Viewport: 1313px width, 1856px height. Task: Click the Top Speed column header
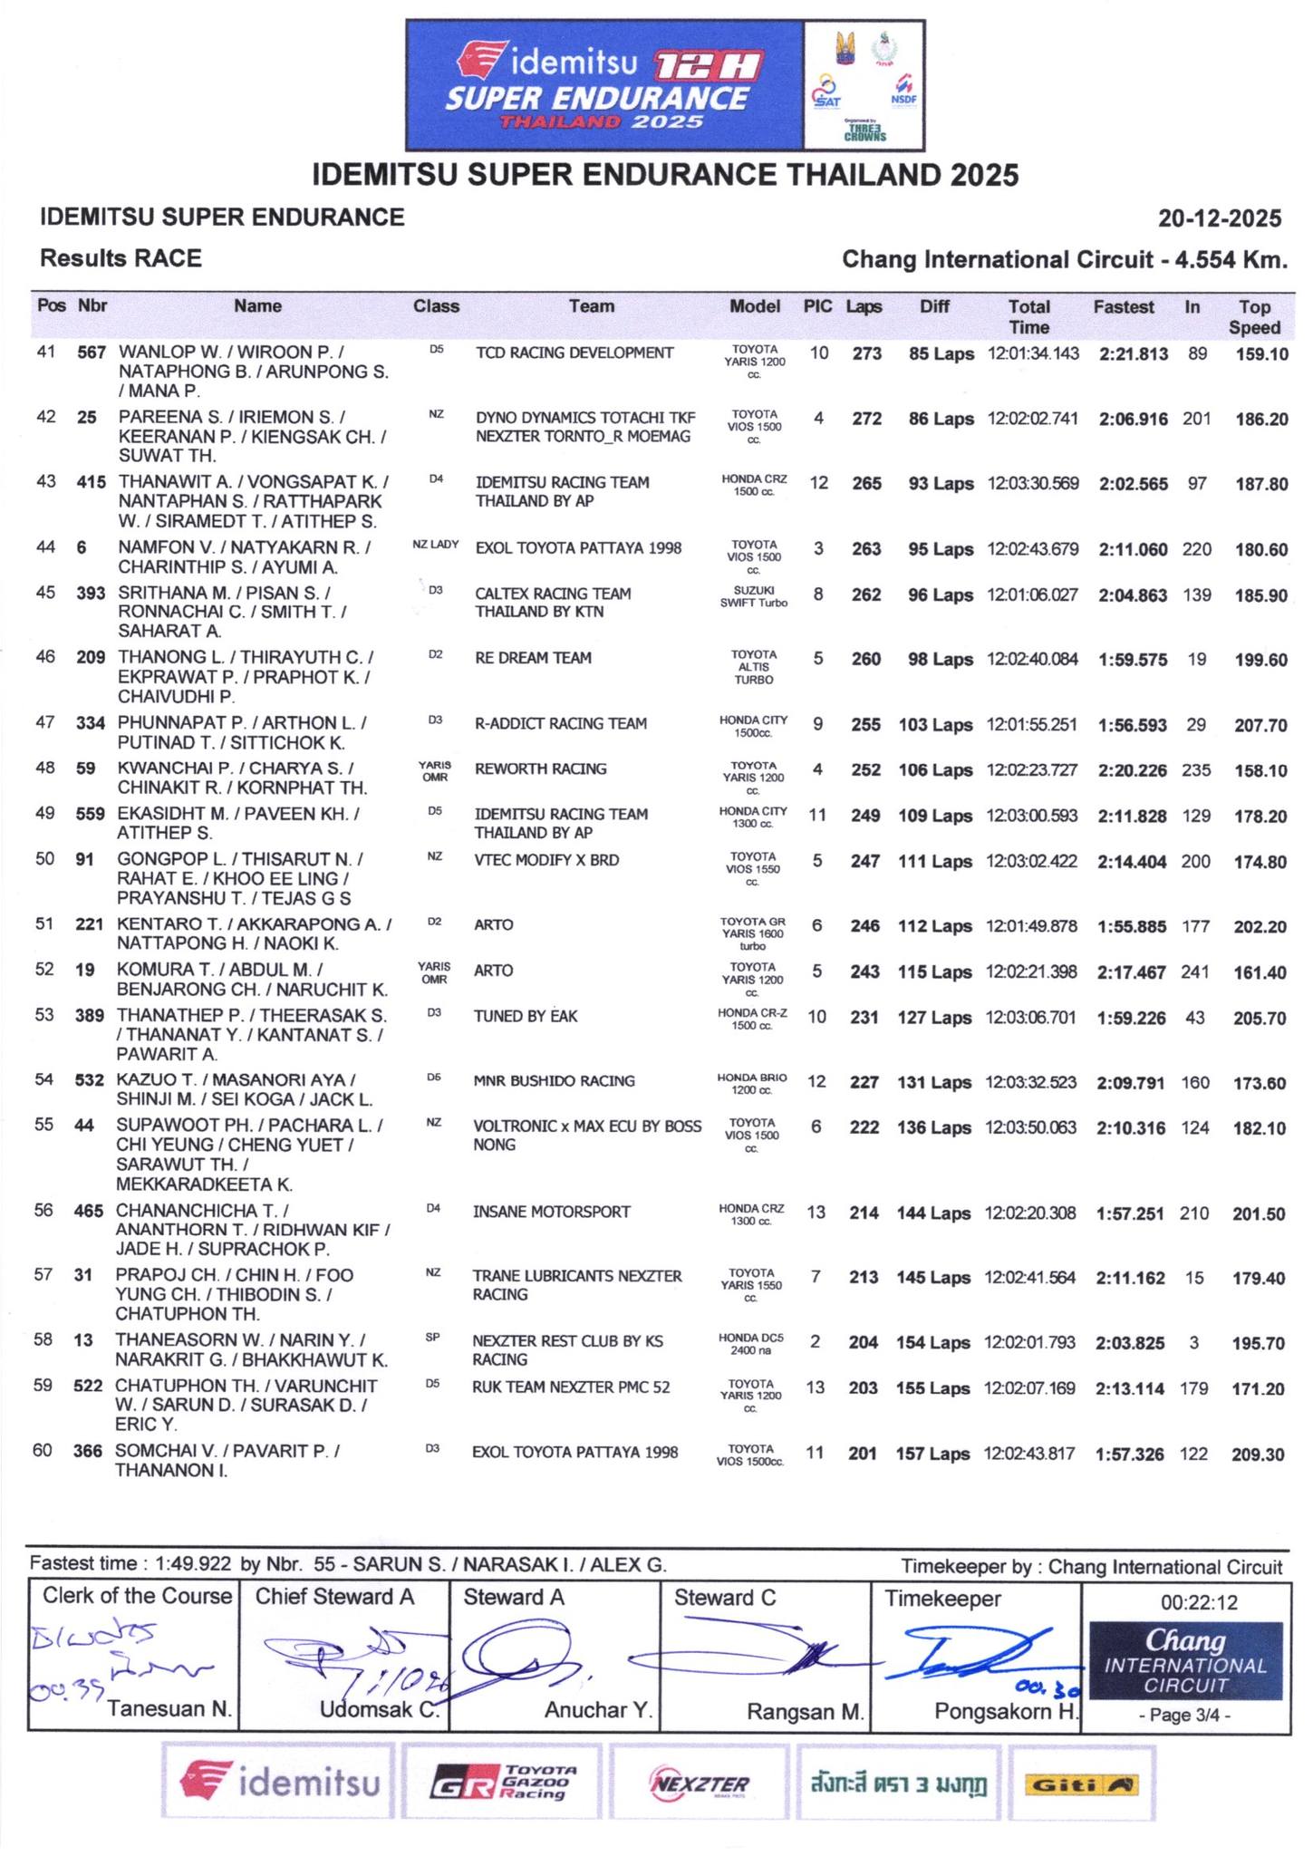click(x=1254, y=317)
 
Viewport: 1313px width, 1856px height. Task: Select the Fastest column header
click(x=1124, y=307)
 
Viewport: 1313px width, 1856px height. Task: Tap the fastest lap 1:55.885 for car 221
click(x=1132, y=926)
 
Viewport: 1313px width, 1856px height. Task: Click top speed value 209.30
click(x=1258, y=1455)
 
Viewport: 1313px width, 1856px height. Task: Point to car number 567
click(x=92, y=353)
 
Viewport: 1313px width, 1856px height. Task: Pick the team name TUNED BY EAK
click(x=526, y=1016)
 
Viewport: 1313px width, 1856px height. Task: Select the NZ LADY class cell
click(x=435, y=546)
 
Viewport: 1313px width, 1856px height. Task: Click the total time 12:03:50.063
click(x=1030, y=1127)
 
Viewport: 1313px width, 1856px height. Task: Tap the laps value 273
click(x=866, y=353)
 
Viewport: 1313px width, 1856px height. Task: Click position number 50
click(x=44, y=858)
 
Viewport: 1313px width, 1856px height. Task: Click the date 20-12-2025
click(x=1220, y=218)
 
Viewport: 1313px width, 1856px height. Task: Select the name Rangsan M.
click(x=806, y=1711)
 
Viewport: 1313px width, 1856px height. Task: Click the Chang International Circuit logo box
click(x=1185, y=1661)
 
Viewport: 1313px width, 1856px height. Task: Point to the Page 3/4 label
click(x=1185, y=1715)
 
